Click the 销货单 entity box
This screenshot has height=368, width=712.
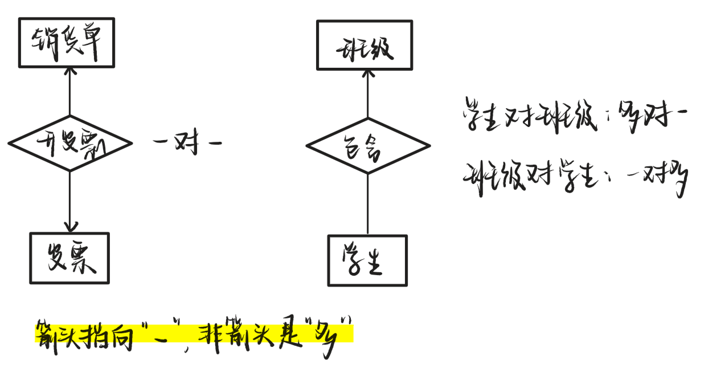(x=67, y=43)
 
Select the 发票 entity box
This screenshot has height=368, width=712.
(x=69, y=258)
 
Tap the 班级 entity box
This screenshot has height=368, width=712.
(x=364, y=45)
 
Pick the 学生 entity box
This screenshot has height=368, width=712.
(x=367, y=260)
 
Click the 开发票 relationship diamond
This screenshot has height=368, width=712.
(x=70, y=142)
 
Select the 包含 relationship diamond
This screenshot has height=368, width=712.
(x=368, y=146)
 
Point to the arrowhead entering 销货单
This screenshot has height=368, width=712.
(x=69, y=72)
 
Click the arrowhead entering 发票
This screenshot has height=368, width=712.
(x=69, y=227)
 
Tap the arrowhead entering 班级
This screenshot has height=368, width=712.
(x=367, y=74)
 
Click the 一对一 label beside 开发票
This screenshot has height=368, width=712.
(x=187, y=142)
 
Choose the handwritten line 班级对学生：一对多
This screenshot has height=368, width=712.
(x=575, y=178)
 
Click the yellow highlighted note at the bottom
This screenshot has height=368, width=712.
(x=194, y=334)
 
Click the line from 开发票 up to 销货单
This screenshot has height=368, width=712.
(x=69, y=94)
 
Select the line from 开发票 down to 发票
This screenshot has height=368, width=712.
(x=69, y=197)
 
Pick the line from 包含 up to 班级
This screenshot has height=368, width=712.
(x=367, y=97)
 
